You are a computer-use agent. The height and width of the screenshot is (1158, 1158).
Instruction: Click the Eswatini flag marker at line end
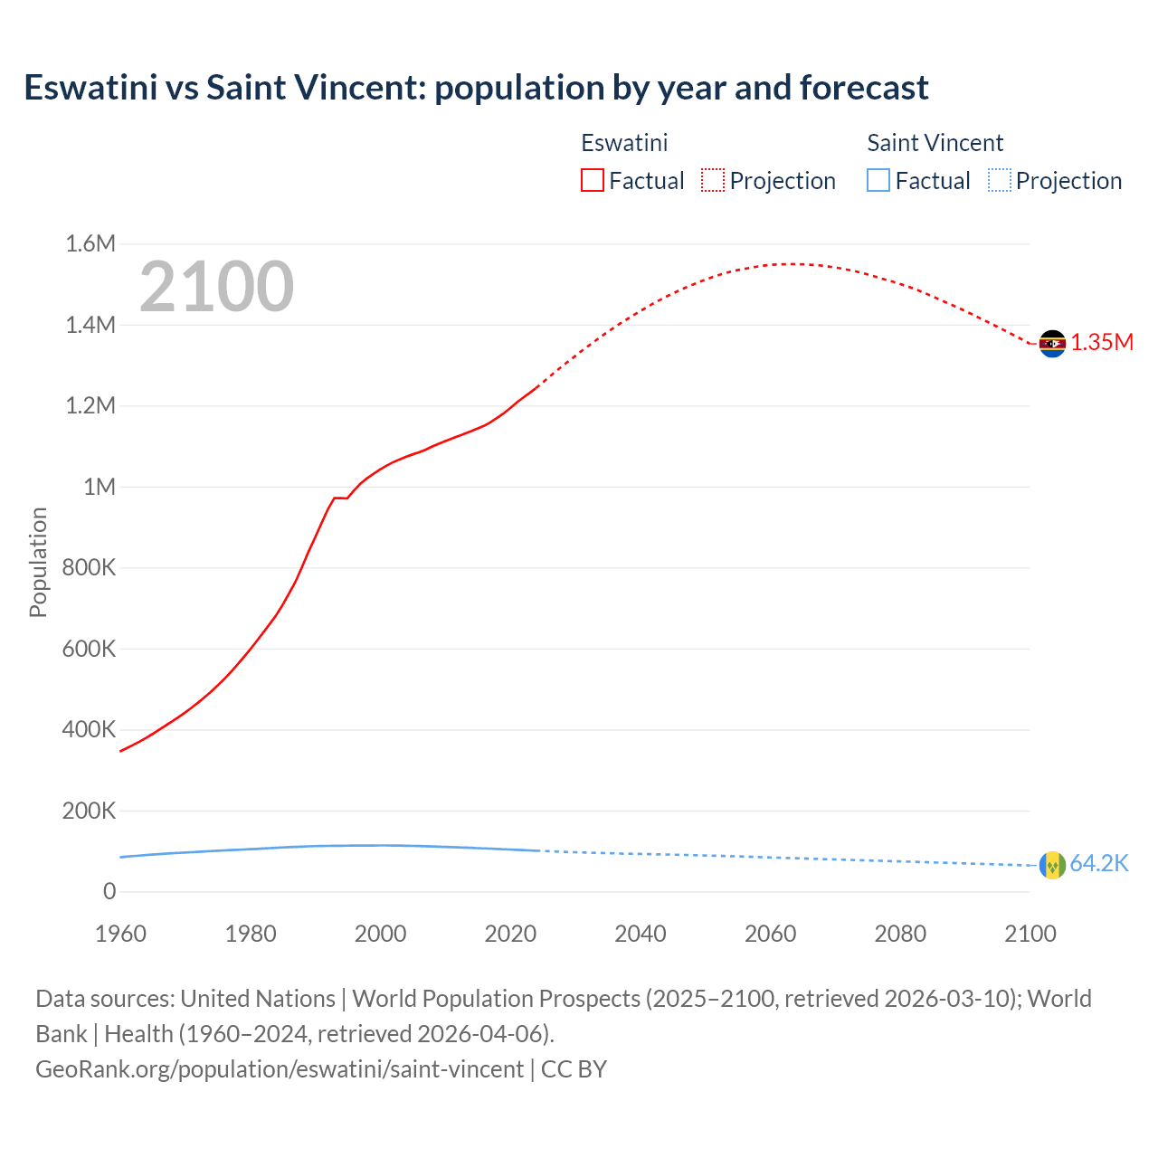pyautogui.click(x=1052, y=344)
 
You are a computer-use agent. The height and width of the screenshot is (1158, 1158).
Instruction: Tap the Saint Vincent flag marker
pyautogui.click(x=1052, y=865)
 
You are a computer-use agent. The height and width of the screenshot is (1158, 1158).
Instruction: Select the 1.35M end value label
pyautogui.click(x=1102, y=343)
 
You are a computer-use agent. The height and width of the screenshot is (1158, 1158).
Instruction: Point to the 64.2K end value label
pyautogui.click(x=1099, y=864)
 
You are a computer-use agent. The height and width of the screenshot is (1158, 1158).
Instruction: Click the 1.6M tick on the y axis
pyautogui.click(x=90, y=243)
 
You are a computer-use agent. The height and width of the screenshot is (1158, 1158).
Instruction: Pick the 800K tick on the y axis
pyautogui.click(x=89, y=568)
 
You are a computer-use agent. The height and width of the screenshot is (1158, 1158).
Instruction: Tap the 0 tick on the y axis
pyautogui.click(x=109, y=892)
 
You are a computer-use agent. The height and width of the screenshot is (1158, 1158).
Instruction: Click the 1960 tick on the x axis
pyautogui.click(x=120, y=934)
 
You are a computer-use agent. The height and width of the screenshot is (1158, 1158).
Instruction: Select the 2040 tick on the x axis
pyautogui.click(x=640, y=934)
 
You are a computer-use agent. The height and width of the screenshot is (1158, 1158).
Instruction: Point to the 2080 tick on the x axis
pyautogui.click(x=900, y=934)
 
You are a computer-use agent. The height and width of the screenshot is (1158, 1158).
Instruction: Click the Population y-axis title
pyautogui.click(x=38, y=562)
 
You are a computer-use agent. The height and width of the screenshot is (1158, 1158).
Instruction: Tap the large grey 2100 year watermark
pyautogui.click(x=216, y=287)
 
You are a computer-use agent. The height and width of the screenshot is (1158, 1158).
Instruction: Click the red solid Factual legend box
pyautogui.click(x=593, y=181)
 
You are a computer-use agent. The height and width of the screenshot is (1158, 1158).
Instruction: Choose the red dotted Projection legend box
pyautogui.click(x=713, y=181)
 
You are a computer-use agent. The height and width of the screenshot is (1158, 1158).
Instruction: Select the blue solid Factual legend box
pyautogui.click(x=878, y=181)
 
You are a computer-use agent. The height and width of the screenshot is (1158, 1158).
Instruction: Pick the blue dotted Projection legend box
pyautogui.click(x=999, y=181)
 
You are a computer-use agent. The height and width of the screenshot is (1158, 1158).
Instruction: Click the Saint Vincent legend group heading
pyautogui.click(x=935, y=143)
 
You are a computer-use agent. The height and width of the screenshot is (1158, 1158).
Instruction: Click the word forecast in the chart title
pyautogui.click(x=864, y=88)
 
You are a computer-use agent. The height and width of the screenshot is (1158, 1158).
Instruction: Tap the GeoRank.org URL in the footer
pyautogui.click(x=279, y=1069)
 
